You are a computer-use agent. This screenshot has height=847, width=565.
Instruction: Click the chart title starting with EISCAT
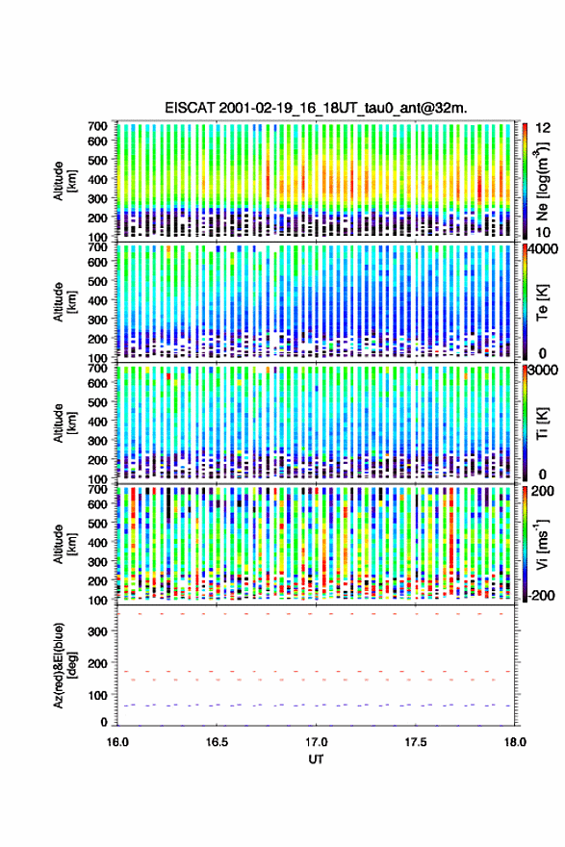click(316, 108)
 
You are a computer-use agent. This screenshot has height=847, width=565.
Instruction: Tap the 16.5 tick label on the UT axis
click(217, 742)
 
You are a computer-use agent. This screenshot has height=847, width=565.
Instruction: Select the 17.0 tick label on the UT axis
click(316, 742)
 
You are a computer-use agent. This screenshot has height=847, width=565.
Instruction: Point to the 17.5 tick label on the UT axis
click(416, 742)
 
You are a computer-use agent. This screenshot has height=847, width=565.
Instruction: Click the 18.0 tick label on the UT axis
click(515, 742)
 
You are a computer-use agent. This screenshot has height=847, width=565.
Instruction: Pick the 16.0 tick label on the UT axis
click(117, 742)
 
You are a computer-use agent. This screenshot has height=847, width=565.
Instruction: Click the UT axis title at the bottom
click(316, 759)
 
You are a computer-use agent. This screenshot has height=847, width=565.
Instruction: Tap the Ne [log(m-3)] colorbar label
click(542, 181)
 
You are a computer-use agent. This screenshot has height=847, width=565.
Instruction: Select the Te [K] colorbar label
click(542, 302)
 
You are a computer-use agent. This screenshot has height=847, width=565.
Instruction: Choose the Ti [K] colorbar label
click(542, 423)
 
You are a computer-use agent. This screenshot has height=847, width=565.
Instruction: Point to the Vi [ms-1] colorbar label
click(542, 544)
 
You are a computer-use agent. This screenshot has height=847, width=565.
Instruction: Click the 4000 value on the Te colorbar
click(544, 249)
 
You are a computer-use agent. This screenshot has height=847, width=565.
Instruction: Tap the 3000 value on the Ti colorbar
click(544, 370)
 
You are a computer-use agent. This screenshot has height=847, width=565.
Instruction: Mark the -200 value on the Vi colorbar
click(542, 595)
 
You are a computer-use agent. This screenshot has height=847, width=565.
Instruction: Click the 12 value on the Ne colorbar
click(543, 127)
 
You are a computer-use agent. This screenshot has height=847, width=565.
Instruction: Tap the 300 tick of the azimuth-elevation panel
click(97, 631)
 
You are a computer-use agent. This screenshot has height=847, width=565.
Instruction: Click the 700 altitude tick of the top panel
click(97, 126)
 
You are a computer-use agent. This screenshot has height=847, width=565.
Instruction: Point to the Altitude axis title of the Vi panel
click(64, 544)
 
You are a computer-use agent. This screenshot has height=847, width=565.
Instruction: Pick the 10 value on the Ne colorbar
click(543, 232)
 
